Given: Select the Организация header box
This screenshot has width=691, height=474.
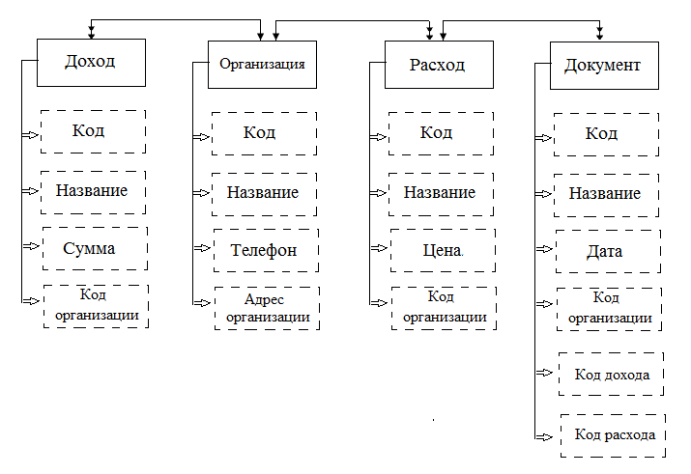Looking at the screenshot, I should tap(263, 65).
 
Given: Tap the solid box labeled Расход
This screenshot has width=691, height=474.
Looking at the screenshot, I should tap(439, 66).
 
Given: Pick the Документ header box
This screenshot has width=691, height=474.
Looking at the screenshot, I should tap(602, 67).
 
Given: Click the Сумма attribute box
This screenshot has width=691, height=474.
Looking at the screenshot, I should tap(94, 248).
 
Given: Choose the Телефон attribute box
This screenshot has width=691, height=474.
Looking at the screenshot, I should tap(263, 249).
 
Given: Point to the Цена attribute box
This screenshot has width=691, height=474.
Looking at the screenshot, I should tap(441, 250).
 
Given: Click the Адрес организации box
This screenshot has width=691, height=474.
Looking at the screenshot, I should tap(264, 308).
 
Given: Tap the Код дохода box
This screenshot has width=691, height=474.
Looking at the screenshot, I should tap(611, 374).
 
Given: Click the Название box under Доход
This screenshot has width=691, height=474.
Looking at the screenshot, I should tap(93, 191).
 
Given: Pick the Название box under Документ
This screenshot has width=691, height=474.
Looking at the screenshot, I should tap(606, 194).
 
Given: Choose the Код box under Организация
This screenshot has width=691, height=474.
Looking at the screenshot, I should tap(263, 132).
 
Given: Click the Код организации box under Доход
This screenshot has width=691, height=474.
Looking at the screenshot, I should tap(95, 306).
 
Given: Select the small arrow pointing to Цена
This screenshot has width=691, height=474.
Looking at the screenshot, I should tap(378, 249).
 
